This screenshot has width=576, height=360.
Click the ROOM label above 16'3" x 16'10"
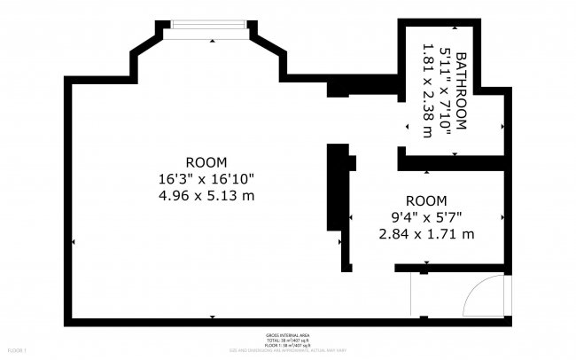(206, 162)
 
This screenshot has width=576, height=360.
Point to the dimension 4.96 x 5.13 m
(206, 195)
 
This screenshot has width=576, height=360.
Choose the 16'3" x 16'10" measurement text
(206, 178)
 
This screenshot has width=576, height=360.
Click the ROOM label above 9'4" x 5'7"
(426, 200)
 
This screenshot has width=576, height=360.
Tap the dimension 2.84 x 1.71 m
(426, 234)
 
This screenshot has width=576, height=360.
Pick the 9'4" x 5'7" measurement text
(426, 217)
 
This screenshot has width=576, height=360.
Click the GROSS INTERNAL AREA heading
(287, 334)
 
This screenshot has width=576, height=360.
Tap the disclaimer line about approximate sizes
(287, 350)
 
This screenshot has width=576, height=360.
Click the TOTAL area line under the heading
(287, 340)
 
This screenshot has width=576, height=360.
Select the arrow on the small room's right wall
(502, 217)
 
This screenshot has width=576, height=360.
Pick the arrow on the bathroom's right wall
(502, 126)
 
